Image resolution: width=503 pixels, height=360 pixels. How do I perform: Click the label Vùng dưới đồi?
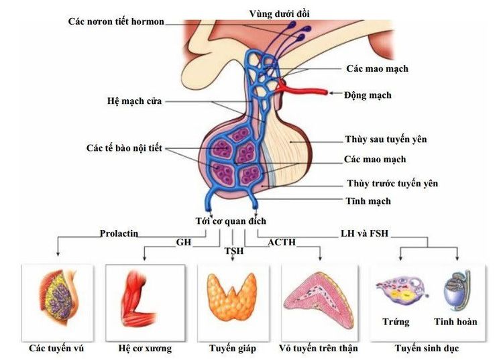coord(280,14)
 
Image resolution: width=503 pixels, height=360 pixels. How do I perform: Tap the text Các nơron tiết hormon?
coord(116,21)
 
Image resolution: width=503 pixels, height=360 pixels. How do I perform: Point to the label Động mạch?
coord(368,95)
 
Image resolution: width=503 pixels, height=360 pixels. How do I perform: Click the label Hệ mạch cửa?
coord(134,101)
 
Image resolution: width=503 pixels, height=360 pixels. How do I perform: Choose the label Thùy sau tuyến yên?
coord(386,139)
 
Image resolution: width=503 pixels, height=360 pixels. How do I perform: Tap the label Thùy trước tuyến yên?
coord(392,184)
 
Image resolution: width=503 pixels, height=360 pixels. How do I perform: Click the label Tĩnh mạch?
coord(368,201)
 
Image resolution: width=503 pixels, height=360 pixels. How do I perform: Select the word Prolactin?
coord(119,233)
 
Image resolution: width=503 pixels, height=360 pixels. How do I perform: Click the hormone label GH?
coord(184,242)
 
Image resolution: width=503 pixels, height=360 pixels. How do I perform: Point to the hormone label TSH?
coord(234,251)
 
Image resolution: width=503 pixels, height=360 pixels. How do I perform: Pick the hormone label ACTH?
coord(282,242)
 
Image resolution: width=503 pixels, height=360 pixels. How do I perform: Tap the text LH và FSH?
coord(364,233)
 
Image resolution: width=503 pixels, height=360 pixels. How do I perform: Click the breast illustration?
coord(58,297)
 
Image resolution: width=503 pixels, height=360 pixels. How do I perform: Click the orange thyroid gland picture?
coord(232,297)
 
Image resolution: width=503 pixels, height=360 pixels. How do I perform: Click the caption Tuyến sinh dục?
coord(427,348)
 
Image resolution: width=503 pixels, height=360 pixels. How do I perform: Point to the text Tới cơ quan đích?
coord(231,221)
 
